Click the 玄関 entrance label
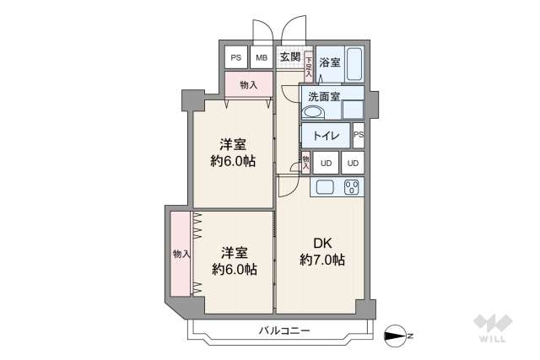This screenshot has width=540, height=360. [x=289, y=57]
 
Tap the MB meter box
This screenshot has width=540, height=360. [x=262, y=57]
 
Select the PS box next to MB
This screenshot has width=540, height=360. [x=235, y=57]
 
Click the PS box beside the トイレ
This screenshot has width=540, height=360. [x=359, y=135]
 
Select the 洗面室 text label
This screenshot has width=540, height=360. [x=324, y=96]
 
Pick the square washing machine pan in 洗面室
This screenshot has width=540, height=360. [x=353, y=110]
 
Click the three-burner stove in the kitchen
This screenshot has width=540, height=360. [x=352, y=187]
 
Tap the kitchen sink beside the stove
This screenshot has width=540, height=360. [x=325, y=187]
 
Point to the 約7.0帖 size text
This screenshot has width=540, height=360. [x=321, y=261]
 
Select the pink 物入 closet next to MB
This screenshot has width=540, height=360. [x=248, y=85]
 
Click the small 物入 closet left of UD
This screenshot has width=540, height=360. [x=305, y=161]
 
